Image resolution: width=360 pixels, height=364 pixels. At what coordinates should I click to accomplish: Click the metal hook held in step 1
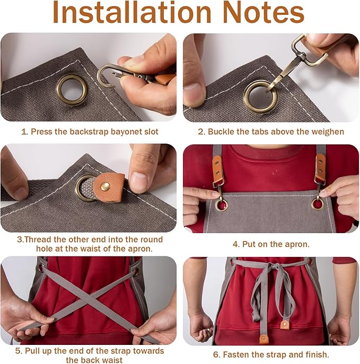[x=106, y=74]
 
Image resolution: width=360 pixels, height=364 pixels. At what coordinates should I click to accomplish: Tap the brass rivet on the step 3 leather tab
[x=105, y=185]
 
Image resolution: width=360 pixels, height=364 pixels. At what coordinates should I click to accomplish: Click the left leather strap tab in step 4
[x=217, y=168]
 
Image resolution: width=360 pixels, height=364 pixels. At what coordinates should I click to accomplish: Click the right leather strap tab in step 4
[x=320, y=168]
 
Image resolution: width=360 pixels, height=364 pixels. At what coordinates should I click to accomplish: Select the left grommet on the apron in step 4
[x=221, y=205]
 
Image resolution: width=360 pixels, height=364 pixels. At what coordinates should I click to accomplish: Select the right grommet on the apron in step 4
[x=318, y=203]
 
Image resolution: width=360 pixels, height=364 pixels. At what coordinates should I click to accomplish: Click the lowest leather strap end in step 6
[x=264, y=337]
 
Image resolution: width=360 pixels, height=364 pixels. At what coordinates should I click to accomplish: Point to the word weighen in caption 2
[x=326, y=131]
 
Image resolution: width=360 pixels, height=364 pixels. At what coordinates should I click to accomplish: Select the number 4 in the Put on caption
[x=235, y=244]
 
